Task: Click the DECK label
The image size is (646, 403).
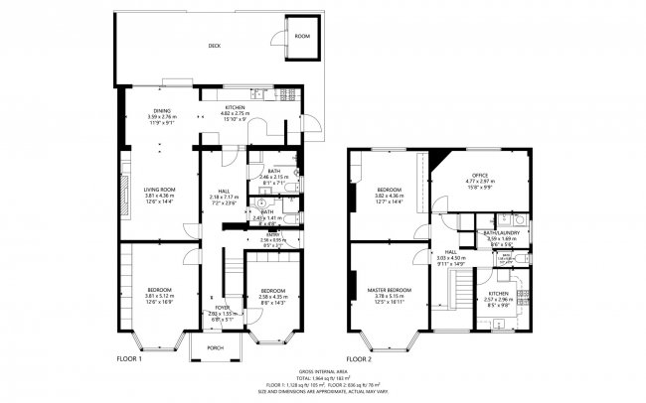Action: pyautogui.click(x=214, y=46)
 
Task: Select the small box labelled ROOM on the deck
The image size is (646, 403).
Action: pyautogui.click(x=302, y=37)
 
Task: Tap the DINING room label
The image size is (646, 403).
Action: pyautogui.click(x=161, y=111)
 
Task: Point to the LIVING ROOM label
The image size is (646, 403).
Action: pyautogui.click(x=160, y=189)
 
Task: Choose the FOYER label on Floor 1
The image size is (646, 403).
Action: pyautogui.click(x=224, y=308)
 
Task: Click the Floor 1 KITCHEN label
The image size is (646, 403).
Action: pyautogui.click(x=236, y=106)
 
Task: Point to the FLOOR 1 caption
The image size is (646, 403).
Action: pyautogui.click(x=131, y=358)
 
